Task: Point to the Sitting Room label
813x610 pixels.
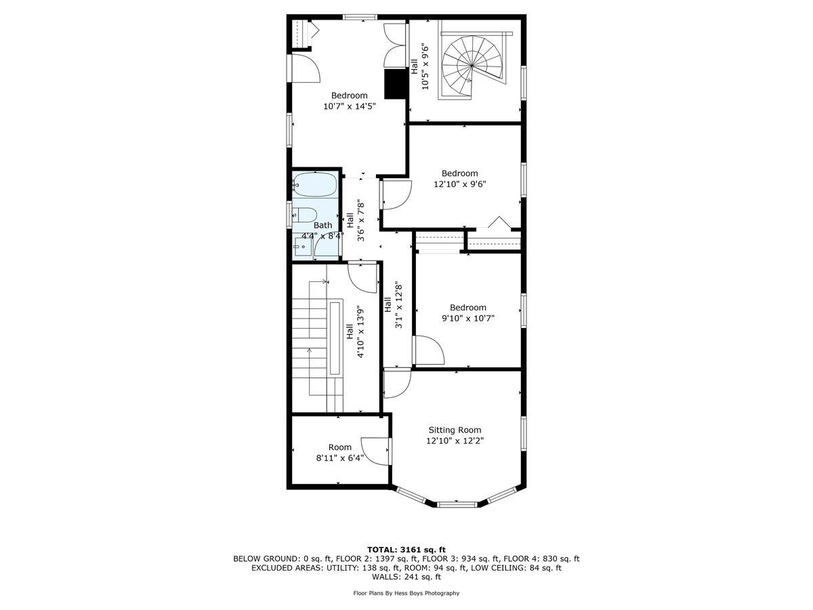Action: (455, 430)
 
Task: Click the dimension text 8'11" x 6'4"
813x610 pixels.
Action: (340, 457)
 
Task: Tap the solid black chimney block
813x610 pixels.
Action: (394, 83)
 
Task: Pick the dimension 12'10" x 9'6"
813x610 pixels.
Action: (460, 183)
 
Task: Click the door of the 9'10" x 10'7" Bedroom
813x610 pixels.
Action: (428, 350)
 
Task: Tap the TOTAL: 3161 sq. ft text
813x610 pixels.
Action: (406, 549)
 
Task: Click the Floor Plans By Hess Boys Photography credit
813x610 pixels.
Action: (406, 593)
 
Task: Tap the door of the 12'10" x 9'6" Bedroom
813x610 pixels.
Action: (396, 195)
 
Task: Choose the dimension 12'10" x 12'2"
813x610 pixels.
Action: (455, 441)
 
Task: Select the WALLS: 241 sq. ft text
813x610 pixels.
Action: (406, 577)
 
